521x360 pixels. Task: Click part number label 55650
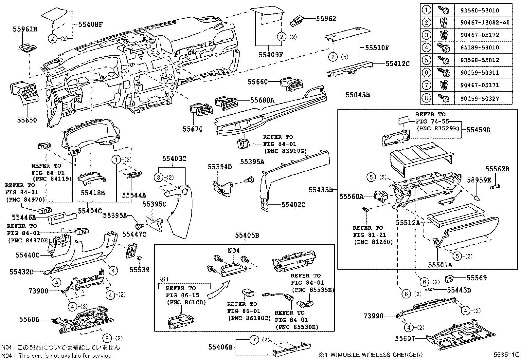click(x=27, y=120)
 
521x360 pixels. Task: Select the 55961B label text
click(x=25, y=29)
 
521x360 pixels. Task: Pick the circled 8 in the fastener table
click(x=426, y=98)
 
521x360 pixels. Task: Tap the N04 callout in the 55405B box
click(x=234, y=251)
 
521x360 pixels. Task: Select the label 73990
click(x=373, y=316)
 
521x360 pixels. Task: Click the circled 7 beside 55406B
click(x=254, y=340)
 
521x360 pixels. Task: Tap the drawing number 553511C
click(x=507, y=354)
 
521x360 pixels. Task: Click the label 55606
click(x=29, y=319)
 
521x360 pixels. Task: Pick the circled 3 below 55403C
click(x=159, y=177)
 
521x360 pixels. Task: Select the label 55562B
click(x=497, y=169)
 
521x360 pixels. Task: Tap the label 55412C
click(x=397, y=64)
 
